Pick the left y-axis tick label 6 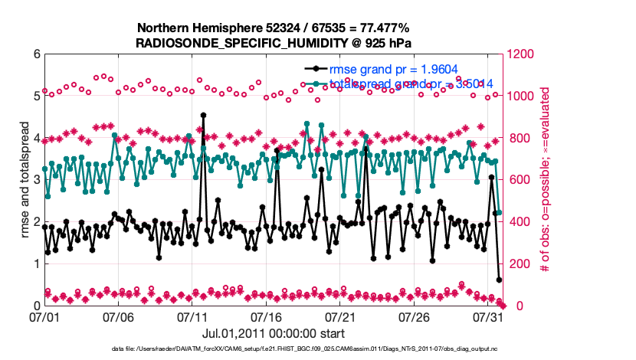[x=36, y=54]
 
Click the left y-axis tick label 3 [x=36, y=180]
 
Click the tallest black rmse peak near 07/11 [x=203, y=116]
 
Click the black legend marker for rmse [x=315, y=69]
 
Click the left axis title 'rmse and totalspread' [x=25, y=180]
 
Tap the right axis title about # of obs [x=544, y=180]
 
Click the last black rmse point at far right [x=499, y=280]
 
